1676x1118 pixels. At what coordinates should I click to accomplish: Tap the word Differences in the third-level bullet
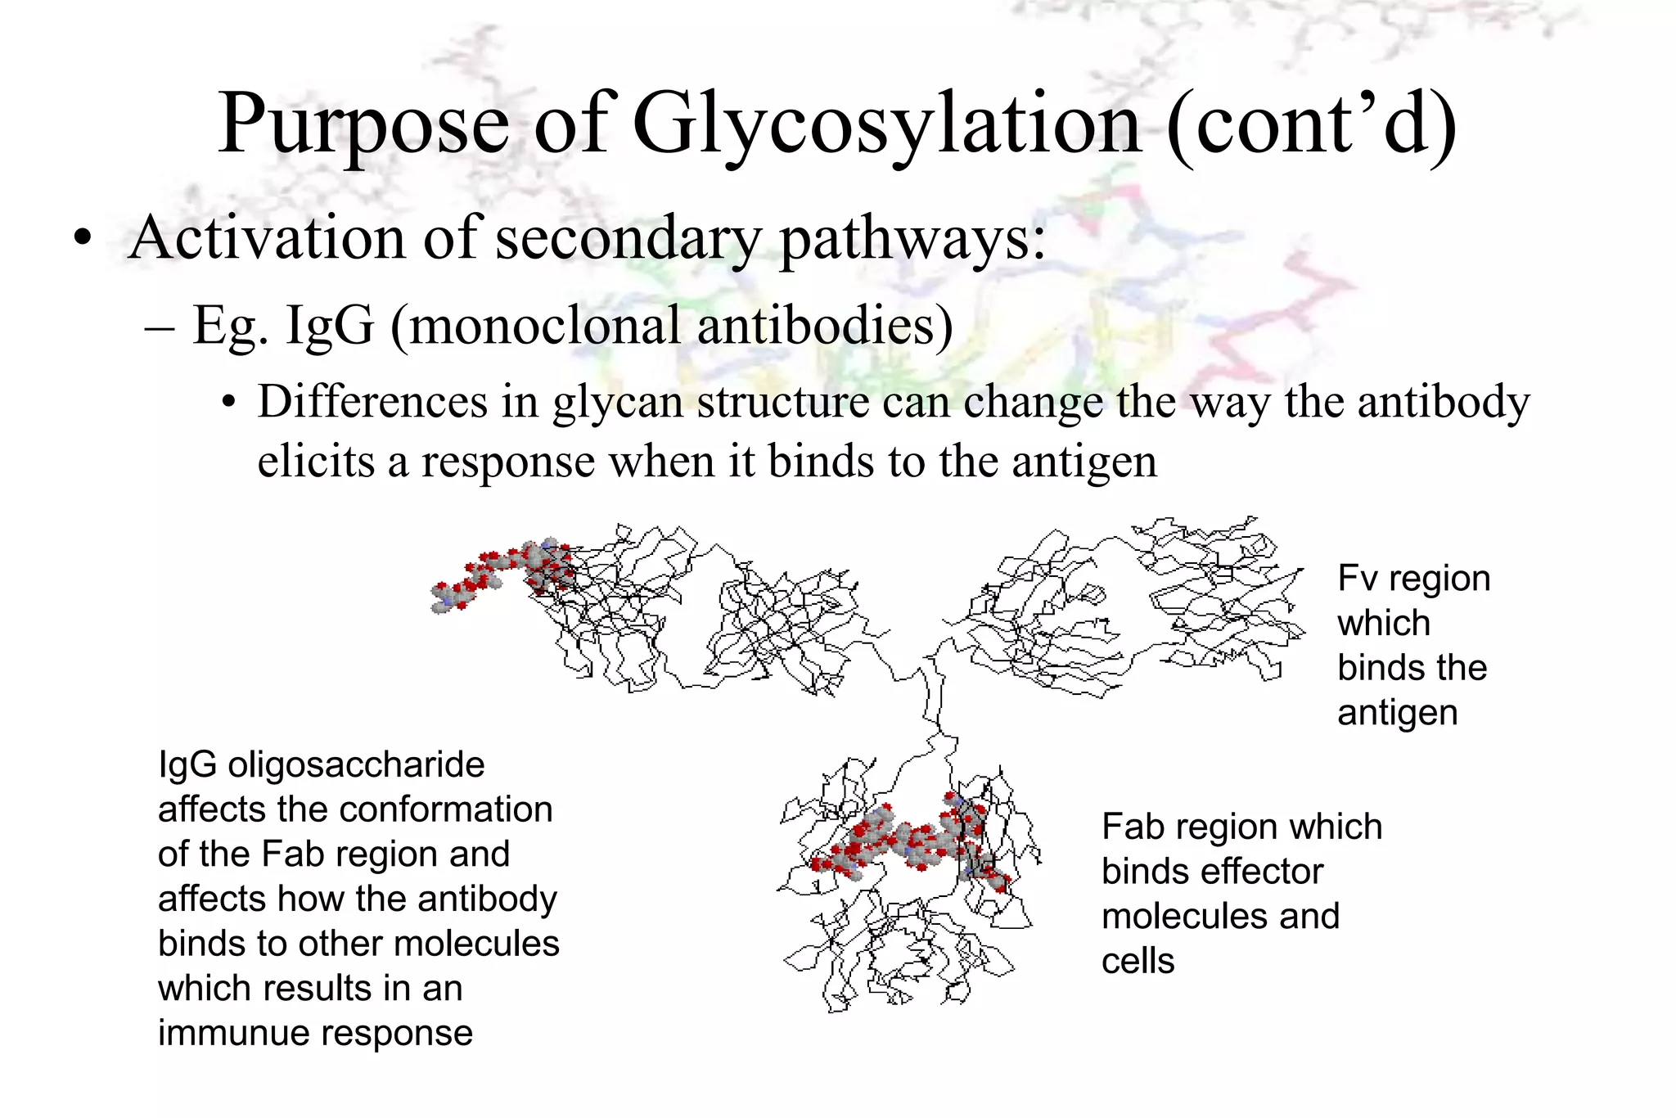[x=398, y=403]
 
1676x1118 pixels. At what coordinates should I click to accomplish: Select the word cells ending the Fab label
[x=1138, y=961]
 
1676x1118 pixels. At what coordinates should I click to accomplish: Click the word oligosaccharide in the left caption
[x=356, y=765]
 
